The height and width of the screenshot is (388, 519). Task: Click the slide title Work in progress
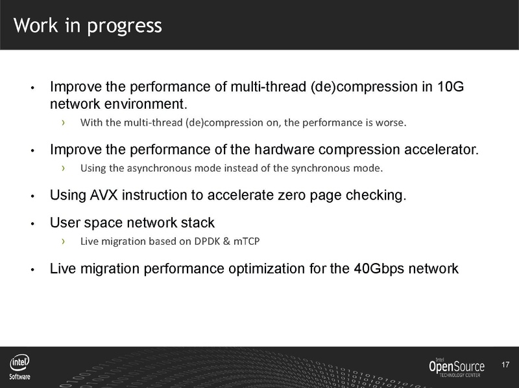[x=88, y=25]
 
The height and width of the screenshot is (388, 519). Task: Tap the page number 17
[x=505, y=366]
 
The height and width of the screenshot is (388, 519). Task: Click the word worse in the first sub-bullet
[x=392, y=122]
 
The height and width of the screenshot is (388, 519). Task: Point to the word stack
[x=199, y=223]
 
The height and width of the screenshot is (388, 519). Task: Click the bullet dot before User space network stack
[x=32, y=225]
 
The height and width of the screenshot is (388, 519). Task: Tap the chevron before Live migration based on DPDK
[x=63, y=242]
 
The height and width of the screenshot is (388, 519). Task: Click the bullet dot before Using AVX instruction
[x=32, y=196]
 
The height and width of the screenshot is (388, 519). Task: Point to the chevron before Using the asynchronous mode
[x=63, y=168]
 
